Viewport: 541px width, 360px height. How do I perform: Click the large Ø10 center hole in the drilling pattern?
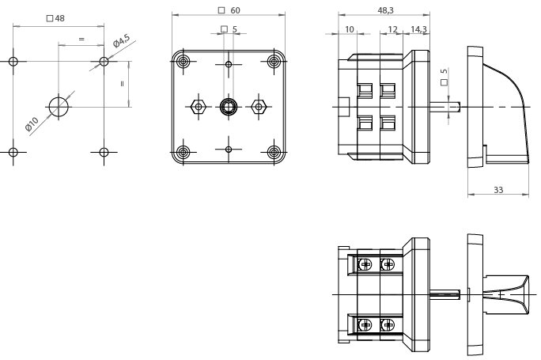[x=59, y=106]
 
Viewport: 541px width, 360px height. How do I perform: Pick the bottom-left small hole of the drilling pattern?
[x=13, y=152]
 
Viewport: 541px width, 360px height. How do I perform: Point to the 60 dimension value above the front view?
[x=235, y=11]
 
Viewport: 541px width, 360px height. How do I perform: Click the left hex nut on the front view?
[x=198, y=106]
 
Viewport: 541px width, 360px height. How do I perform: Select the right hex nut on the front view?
[x=259, y=106]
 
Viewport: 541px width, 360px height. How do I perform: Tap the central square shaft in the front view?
[x=229, y=106]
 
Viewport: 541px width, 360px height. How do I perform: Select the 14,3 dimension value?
[x=419, y=29]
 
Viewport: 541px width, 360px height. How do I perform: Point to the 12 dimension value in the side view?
[x=393, y=29]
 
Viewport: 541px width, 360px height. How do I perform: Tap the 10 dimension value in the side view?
[x=349, y=29]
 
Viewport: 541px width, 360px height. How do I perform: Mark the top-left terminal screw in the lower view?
[x=367, y=263]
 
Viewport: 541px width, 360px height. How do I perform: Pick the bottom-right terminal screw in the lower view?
[x=388, y=324]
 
